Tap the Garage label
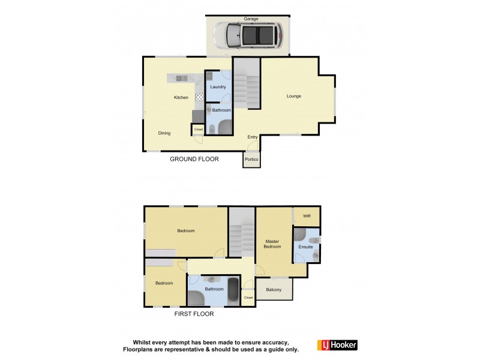coord(250,19)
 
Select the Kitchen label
coord(181,97)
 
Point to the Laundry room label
coord(218,87)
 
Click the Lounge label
coord(293,96)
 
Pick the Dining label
coord(164,133)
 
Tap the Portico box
coord(251,159)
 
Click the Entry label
coord(253,137)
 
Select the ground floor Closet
coord(198,129)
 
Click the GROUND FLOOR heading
coord(194,159)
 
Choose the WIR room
coord(306,216)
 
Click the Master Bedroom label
coord(274,244)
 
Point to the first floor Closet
coord(248,298)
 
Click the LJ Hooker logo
coord(339,345)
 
